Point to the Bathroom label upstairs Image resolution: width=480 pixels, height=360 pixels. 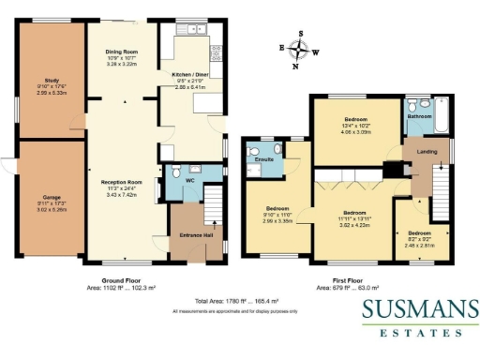419,116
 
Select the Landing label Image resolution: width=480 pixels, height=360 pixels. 415,151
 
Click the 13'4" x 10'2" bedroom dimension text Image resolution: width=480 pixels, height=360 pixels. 358,127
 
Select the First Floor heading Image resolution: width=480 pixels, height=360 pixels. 347,279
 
